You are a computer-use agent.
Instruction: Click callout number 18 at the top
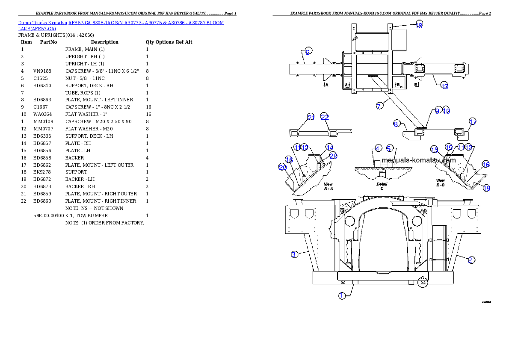point(419,25)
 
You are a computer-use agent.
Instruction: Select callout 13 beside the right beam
point(444,86)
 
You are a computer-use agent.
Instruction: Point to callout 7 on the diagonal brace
point(379,106)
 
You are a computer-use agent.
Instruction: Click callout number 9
point(437,110)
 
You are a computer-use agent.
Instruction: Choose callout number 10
point(446,110)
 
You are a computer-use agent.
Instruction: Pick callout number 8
point(397,124)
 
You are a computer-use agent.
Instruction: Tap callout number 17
point(472,121)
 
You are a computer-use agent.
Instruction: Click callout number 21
point(311,118)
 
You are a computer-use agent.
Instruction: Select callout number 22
point(325,118)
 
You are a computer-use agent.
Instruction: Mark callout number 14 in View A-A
point(329,147)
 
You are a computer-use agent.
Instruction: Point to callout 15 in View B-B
point(435,150)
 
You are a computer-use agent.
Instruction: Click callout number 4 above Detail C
point(378,148)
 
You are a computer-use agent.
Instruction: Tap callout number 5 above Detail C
point(389,148)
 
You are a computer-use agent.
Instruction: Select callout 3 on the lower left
point(294,254)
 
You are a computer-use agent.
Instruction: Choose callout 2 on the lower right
point(471,260)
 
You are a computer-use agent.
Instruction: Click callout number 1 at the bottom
point(342,295)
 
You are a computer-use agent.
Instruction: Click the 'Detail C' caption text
point(382,186)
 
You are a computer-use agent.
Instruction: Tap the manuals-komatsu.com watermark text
point(418,161)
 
